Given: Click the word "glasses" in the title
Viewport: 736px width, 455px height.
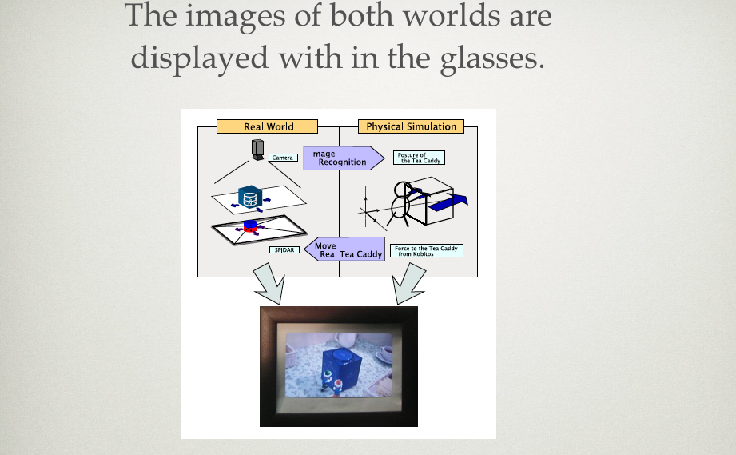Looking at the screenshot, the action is (492, 58).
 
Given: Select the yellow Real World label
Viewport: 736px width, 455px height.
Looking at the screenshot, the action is (267, 126).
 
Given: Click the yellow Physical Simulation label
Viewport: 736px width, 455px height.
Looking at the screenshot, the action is (412, 126).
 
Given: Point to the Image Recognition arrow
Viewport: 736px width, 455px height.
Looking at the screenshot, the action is (344, 158).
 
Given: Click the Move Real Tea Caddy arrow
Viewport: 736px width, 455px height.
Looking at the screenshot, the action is (344, 249).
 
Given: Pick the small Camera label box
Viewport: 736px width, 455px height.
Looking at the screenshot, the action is (283, 158).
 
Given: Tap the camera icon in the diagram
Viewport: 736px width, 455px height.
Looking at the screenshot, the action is (257, 150).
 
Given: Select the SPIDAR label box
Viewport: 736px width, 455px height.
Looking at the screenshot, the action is (284, 249).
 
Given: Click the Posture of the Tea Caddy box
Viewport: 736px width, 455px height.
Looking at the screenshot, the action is (420, 158).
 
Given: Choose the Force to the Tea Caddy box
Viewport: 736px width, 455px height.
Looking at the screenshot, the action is (427, 251).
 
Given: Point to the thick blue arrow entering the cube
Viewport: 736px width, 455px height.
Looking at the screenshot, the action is (448, 202).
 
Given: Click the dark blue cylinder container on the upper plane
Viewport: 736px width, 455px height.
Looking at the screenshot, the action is (249, 197).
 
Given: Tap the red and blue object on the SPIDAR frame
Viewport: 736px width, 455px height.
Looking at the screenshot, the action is (251, 226).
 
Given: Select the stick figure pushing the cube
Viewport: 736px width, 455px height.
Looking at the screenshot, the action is (402, 204).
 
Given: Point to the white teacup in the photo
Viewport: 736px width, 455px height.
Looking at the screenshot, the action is (384, 354).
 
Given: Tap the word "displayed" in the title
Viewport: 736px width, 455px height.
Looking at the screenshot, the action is (200, 58).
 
